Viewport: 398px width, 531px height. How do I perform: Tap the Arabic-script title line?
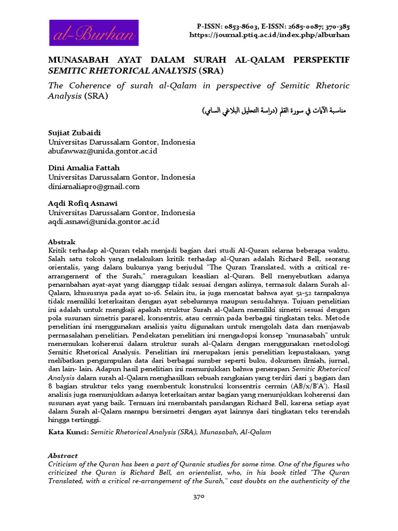[x=274, y=111]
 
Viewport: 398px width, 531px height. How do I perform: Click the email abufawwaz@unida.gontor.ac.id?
[x=103, y=151]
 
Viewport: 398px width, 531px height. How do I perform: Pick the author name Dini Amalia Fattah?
[x=84, y=169]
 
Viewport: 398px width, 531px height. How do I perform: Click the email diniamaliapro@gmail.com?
[x=94, y=186]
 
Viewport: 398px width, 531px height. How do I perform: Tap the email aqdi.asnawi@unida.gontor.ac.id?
[x=104, y=221]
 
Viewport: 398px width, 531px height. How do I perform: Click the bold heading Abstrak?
[x=62, y=242]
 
